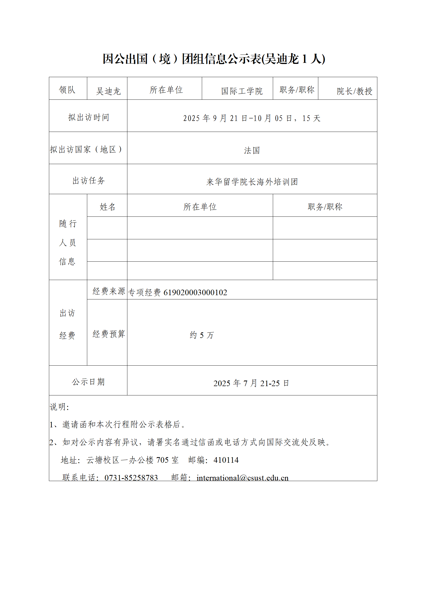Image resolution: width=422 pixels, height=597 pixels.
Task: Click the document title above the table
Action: point(214,59)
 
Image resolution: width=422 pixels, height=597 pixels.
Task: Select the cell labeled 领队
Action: point(67,90)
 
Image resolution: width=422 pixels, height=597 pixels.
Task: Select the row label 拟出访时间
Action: point(89,117)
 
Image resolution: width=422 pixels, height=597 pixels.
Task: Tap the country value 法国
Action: point(252,151)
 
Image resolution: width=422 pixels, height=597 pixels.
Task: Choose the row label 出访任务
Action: point(89,181)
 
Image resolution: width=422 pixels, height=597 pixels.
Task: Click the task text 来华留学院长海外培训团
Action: point(252,182)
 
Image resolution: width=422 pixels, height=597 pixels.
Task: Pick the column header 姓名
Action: point(107,207)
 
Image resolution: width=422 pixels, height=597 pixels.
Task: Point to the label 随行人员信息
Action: point(68,242)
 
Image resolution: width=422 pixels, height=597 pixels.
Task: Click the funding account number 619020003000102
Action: point(195,293)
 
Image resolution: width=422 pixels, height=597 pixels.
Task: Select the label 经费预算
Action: point(108,334)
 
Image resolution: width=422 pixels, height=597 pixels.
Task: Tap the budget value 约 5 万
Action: point(202,335)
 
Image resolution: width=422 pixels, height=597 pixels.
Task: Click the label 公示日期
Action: point(88,382)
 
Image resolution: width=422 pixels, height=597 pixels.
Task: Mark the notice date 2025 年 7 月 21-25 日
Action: point(251,383)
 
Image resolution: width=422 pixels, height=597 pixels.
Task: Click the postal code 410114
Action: point(226,460)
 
